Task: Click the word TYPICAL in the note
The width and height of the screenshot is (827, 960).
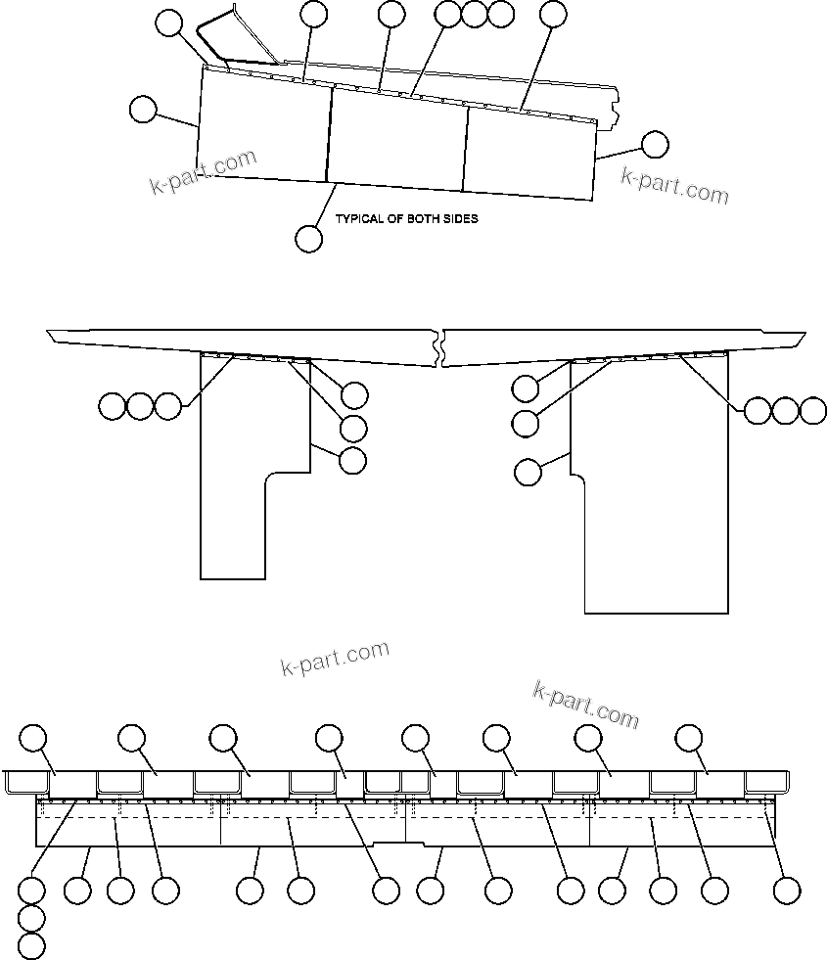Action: point(359,219)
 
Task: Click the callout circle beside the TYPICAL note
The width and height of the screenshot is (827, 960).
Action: point(308,238)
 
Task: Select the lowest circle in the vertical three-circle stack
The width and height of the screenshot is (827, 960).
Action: point(32,946)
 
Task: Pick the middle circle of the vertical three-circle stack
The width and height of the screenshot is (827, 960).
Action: point(32,919)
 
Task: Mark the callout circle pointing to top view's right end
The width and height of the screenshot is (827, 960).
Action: point(655,145)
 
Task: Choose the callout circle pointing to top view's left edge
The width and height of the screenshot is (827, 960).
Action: point(143,109)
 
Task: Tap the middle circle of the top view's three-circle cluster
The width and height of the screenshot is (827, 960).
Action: point(474,14)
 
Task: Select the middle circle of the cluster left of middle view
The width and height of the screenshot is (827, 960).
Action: point(140,405)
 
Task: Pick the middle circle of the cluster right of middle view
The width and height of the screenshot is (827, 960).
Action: point(785,411)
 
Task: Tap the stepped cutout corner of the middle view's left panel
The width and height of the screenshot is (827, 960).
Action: point(268,477)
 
